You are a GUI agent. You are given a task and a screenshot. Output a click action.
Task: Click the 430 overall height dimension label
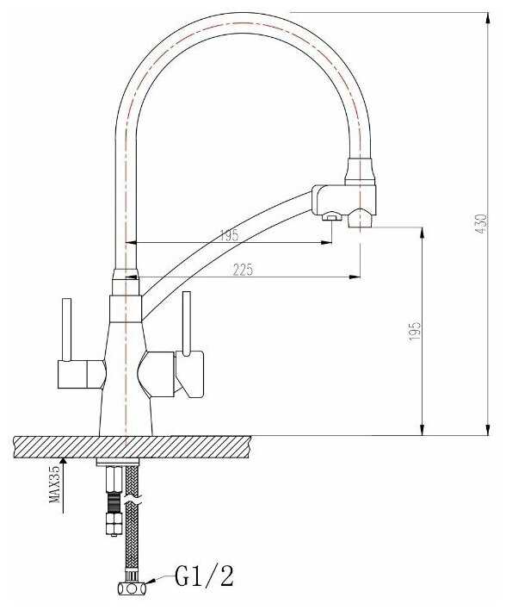pyautogui.click(x=481, y=224)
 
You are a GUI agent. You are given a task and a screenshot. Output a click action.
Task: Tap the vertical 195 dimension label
pyautogui.click(x=415, y=331)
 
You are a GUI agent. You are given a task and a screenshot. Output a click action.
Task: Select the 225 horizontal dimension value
pyautogui.click(x=243, y=269)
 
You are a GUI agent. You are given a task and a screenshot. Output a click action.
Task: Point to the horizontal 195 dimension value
pyautogui.click(x=229, y=235)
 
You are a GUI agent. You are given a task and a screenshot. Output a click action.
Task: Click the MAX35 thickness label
pyautogui.click(x=55, y=484)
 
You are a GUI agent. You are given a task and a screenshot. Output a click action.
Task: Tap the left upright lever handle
pyautogui.click(x=66, y=330)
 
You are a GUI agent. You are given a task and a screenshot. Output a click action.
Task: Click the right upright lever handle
pyautogui.click(x=186, y=324)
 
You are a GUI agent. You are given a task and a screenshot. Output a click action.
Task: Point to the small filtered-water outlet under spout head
pyautogui.click(x=331, y=216)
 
